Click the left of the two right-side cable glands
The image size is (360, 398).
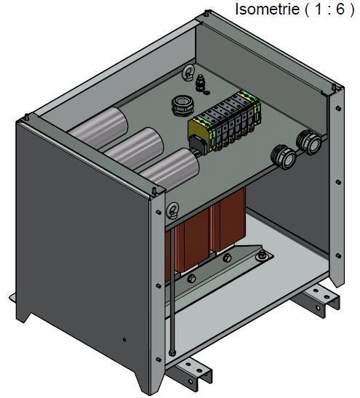pos(283,156)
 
